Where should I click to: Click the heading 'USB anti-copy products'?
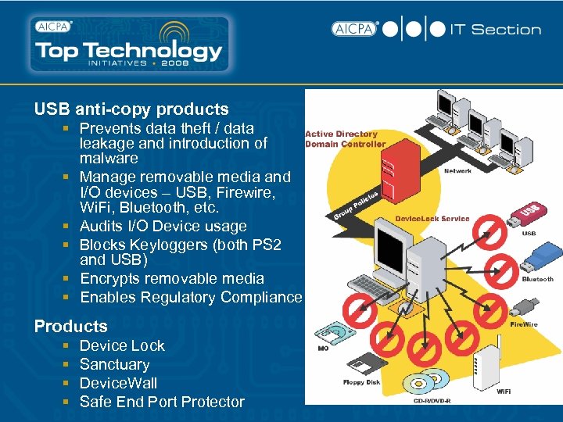tap(131, 109)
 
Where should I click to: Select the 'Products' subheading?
tap(71, 327)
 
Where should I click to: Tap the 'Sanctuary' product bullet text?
tap(114, 364)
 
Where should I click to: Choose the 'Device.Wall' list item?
tap(118, 383)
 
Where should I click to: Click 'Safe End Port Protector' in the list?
tap(162, 402)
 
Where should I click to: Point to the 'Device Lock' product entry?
tap(122, 345)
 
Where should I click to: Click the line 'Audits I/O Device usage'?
tap(163, 227)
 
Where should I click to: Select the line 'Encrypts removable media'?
tap(172, 278)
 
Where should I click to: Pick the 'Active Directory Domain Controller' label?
tap(345, 139)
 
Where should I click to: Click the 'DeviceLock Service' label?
tap(432, 219)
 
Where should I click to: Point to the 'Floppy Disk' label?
tap(362, 382)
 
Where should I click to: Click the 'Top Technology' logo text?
tap(129, 52)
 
